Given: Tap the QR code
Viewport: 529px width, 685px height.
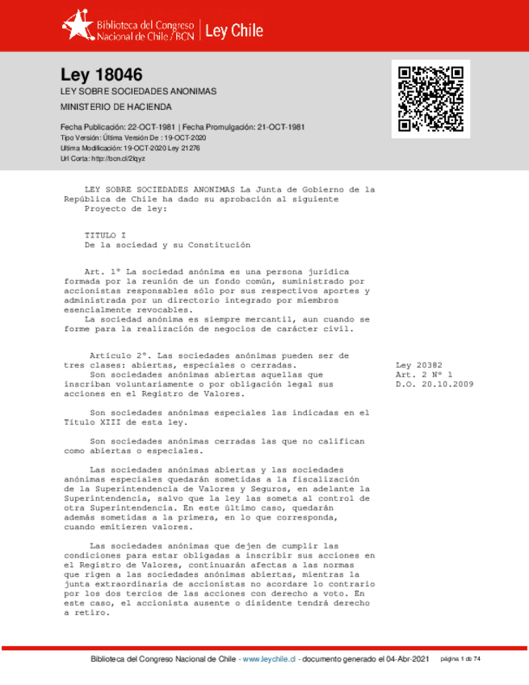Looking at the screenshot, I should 429,98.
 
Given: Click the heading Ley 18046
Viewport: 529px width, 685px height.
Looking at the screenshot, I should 102,74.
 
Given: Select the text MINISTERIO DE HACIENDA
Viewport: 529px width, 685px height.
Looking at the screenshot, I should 116,107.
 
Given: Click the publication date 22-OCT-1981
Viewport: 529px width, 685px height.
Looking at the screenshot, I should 152,128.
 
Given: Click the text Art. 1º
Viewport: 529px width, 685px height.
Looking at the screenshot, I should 103,271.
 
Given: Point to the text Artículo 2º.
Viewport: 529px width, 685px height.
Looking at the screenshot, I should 119,355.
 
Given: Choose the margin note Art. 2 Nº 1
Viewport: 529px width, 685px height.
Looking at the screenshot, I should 424,376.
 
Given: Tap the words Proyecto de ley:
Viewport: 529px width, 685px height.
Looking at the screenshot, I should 125,208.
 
